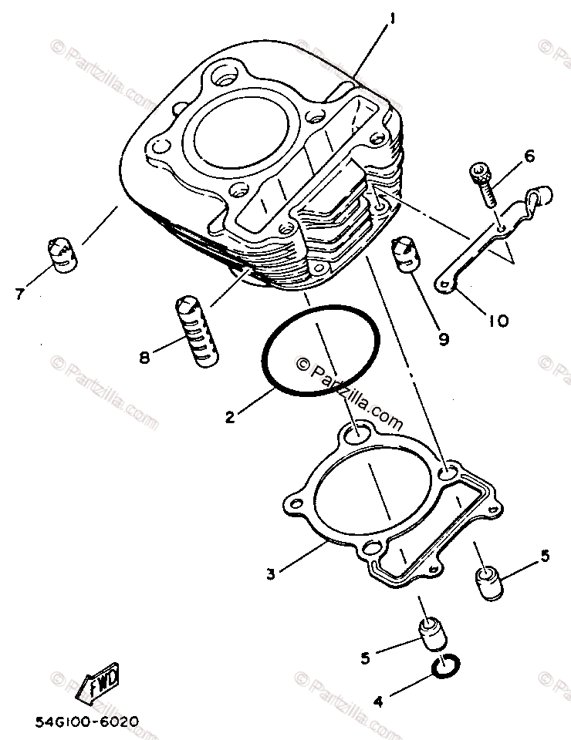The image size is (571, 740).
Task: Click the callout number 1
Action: pos(393,17)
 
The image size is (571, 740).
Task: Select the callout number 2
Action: pos(229,418)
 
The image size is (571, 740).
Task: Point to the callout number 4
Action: pos(378,701)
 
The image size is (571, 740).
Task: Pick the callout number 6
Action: pos(529,156)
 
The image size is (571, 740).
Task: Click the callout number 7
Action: pos(19,293)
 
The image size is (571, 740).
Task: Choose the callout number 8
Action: pos(144,358)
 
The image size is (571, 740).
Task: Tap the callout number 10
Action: pos(498,319)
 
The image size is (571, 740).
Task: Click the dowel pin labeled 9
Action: pos(405,254)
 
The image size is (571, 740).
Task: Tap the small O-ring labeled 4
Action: pos(446,668)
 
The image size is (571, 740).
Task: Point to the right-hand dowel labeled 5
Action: pos(487,583)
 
